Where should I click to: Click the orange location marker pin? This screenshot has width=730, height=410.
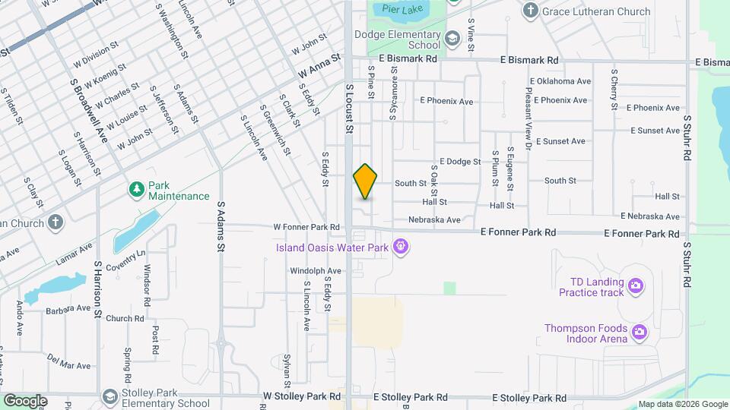point(365,181)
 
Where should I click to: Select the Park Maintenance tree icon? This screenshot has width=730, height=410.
point(137,188)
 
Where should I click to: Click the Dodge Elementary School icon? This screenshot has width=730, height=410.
point(452,39)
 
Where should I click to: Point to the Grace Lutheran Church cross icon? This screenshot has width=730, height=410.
point(531,11)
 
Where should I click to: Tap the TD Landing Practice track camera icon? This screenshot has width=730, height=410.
point(636,286)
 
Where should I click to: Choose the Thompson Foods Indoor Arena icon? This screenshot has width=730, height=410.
point(640,331)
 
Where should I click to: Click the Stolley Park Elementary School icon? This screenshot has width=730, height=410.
point(110,397)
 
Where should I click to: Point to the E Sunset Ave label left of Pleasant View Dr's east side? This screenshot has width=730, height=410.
point(560,141)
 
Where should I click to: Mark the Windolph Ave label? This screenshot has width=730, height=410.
point(315,270)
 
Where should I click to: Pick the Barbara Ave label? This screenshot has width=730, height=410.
point(68,308)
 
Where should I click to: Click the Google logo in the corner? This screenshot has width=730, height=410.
point(25,401)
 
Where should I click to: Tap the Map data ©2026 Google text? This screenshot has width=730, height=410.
point(682,404)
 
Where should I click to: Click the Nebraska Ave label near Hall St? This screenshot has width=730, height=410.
point(434,220)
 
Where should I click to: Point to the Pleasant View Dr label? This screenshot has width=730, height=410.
point(528,106)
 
